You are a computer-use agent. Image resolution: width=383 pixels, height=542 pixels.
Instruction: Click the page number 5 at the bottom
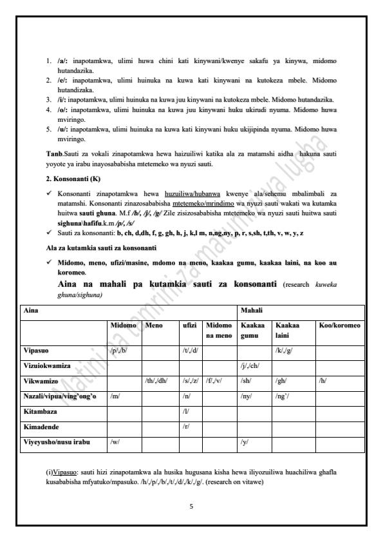click(x=191, y=506)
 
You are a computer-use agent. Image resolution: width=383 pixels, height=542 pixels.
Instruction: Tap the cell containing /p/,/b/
click(x=120, y=351)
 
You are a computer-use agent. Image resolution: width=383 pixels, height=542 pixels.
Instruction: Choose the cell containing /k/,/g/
click(x=284, y=351)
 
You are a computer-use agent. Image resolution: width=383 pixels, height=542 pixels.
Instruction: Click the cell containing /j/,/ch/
click(x=250, y=365)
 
